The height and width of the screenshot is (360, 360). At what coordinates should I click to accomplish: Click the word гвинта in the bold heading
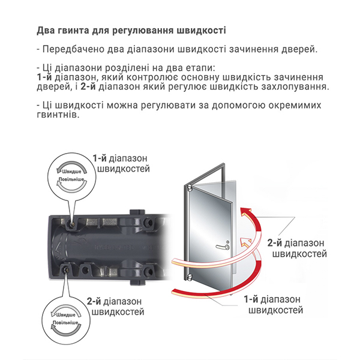(x=71, y=31)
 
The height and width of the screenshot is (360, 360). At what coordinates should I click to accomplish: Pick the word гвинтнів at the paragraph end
(x=58, y=115)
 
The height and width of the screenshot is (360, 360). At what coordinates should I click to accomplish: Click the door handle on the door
(x=223, y=247)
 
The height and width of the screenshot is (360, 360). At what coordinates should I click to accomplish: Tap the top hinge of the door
(x=190, y=188)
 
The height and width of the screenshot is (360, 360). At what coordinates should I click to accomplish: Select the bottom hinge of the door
(x=190, y=278)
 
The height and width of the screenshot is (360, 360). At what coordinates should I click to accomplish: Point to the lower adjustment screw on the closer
(x=65, y=268)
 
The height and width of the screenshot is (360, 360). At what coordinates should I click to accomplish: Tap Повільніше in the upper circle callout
(x=71, y=179)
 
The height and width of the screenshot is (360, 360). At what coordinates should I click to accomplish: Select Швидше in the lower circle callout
(x=65, y=315)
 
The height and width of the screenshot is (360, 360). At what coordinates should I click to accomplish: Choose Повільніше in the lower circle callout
(x=65, y=322)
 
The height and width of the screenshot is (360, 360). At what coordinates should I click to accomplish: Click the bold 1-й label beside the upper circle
(x=100, y=158)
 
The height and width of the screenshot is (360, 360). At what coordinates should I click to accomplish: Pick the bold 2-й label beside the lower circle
(x=94, y=301)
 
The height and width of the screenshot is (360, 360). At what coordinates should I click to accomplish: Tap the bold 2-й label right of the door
(x=274, y=243)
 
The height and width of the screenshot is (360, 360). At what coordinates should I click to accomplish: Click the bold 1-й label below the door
(x=251, y=299)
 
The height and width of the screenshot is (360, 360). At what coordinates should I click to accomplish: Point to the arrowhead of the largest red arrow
(x=245, y=212)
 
